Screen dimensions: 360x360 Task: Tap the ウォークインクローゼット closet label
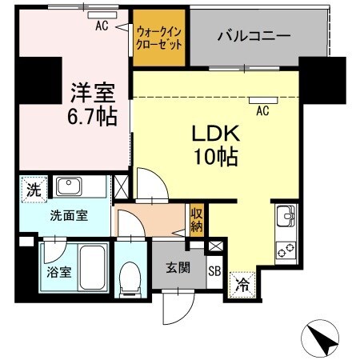[158, 38]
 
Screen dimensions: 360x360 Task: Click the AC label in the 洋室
[102, 25]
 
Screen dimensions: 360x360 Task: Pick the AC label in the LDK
[262, 111]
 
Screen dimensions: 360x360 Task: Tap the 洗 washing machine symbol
[33, 190]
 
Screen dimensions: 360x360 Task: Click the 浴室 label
[59, 270]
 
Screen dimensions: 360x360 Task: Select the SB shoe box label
[214, 270]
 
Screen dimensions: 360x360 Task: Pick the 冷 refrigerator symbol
[241, 283]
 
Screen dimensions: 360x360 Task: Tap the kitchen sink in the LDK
[286, 216]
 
